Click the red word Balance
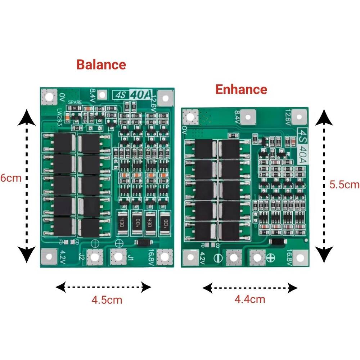[101, 65]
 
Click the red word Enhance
[241, 89]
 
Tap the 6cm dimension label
[9, 178]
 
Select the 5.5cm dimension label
[345, 184]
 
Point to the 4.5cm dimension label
[107, 300]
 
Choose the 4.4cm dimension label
[250, 299]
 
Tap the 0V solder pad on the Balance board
[48, 96]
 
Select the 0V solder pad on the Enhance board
[190, 117]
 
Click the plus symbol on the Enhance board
[271, 257]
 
